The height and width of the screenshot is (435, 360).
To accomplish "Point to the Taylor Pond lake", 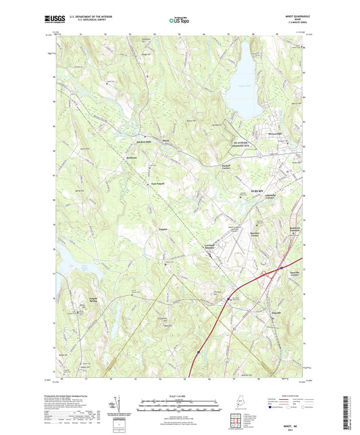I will pyautogui.click(x=243, y=81).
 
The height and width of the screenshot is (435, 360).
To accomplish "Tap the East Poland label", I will pyautogui.click(x=157, y=183).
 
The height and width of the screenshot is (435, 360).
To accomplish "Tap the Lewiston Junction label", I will pyautogui.click(x=214, y=247).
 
